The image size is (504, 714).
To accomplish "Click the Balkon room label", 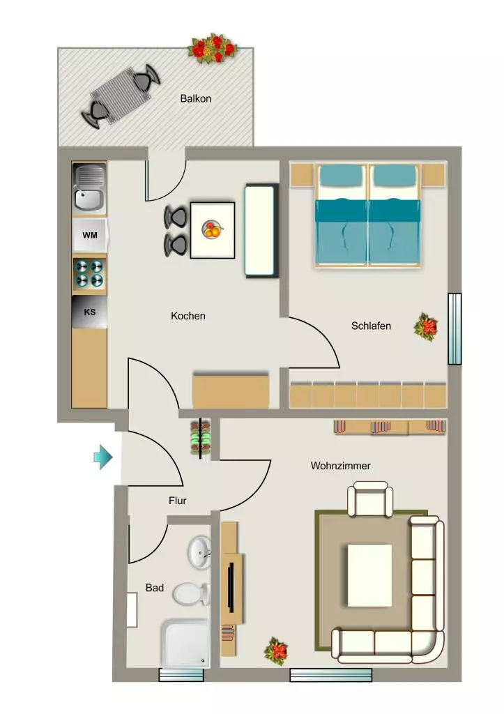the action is click(195, 98).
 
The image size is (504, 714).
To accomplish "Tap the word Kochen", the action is click(188, 316).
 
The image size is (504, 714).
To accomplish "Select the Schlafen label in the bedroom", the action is click(371, 326).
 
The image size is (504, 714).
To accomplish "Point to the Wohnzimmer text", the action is click(341, 466).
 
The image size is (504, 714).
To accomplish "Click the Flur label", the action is click(178, 501).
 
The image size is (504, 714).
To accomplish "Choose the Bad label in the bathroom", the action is click(155, 588).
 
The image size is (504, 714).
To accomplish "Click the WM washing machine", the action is click(90, 235).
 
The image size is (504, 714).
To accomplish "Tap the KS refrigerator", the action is click(90, 312).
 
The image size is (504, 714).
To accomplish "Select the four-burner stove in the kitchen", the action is click(89, 273).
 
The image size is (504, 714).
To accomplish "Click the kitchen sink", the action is click(89, 189).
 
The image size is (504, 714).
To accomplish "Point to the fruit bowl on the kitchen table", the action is click(212, 229).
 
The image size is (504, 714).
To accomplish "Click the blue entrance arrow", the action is click(103, 457).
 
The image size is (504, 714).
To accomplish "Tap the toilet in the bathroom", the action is click(191, 594).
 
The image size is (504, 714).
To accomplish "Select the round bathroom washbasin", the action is click(199, 552).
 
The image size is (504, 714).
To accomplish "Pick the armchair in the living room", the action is click(370, 499).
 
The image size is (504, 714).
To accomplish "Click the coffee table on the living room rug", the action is click(369, 575).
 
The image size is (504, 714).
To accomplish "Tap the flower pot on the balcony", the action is click(213, 48).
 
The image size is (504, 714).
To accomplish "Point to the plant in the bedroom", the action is click(426, 327).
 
